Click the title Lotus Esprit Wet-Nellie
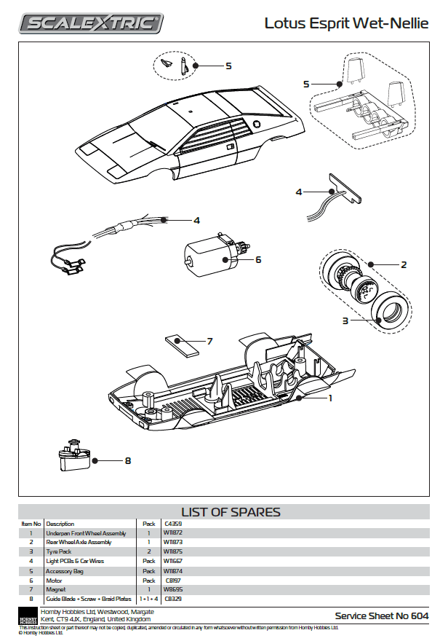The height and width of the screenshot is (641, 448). pyautogui.click(x=346, y=23)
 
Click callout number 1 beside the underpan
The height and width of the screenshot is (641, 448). pyautogui.click(x=329, y=398)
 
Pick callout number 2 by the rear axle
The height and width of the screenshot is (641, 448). pyautogui.click(x=404, y=264)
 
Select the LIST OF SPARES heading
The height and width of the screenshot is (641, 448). pyautogui.click(x=230, y=512)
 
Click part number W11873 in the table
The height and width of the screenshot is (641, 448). pyautogui.click(x=173, y=542)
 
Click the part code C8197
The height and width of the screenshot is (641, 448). pyautogui.click(x=172, y=580)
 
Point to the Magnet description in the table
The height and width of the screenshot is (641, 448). pyautogui.click(x=56, y=589)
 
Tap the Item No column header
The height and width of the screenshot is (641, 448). pyautogui.click(x=31, y=524)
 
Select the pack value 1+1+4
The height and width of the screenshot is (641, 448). pyautogui.click(x=149, y=599)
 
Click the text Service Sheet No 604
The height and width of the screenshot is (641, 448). pyautogui.click(x=381, y=616)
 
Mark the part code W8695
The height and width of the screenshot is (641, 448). pyautogui.click(x=173, y=589)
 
